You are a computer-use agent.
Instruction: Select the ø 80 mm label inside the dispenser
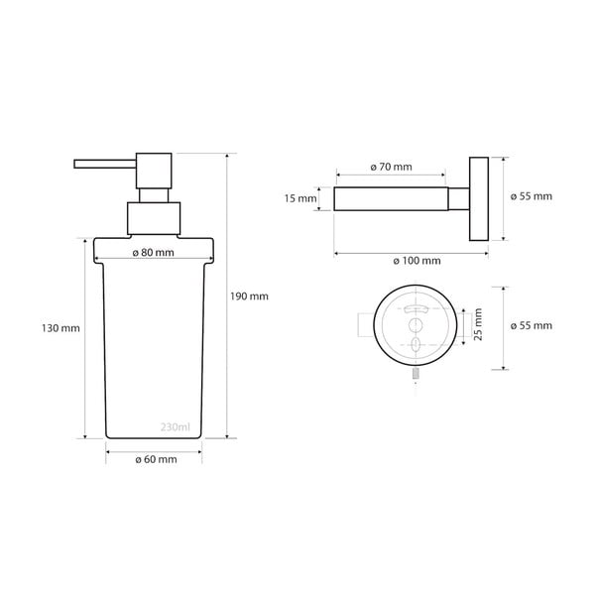click(x=154, y=252)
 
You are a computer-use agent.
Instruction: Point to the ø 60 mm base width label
click(x=156, y=459)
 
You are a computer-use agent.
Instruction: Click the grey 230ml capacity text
click(x=175, y=427)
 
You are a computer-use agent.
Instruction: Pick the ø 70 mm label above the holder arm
click(x=391, y=168)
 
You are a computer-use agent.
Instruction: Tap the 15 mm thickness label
click(x=299, y=198)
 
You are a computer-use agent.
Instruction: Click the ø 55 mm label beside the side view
click(x=531, y=196)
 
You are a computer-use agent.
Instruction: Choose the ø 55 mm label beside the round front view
click(x=531, y=326)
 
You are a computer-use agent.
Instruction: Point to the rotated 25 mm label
click(x=477, y=325)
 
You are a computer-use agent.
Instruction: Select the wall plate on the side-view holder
click(x=479, y=198)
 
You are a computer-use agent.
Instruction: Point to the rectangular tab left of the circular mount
click(x=364, y=324)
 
